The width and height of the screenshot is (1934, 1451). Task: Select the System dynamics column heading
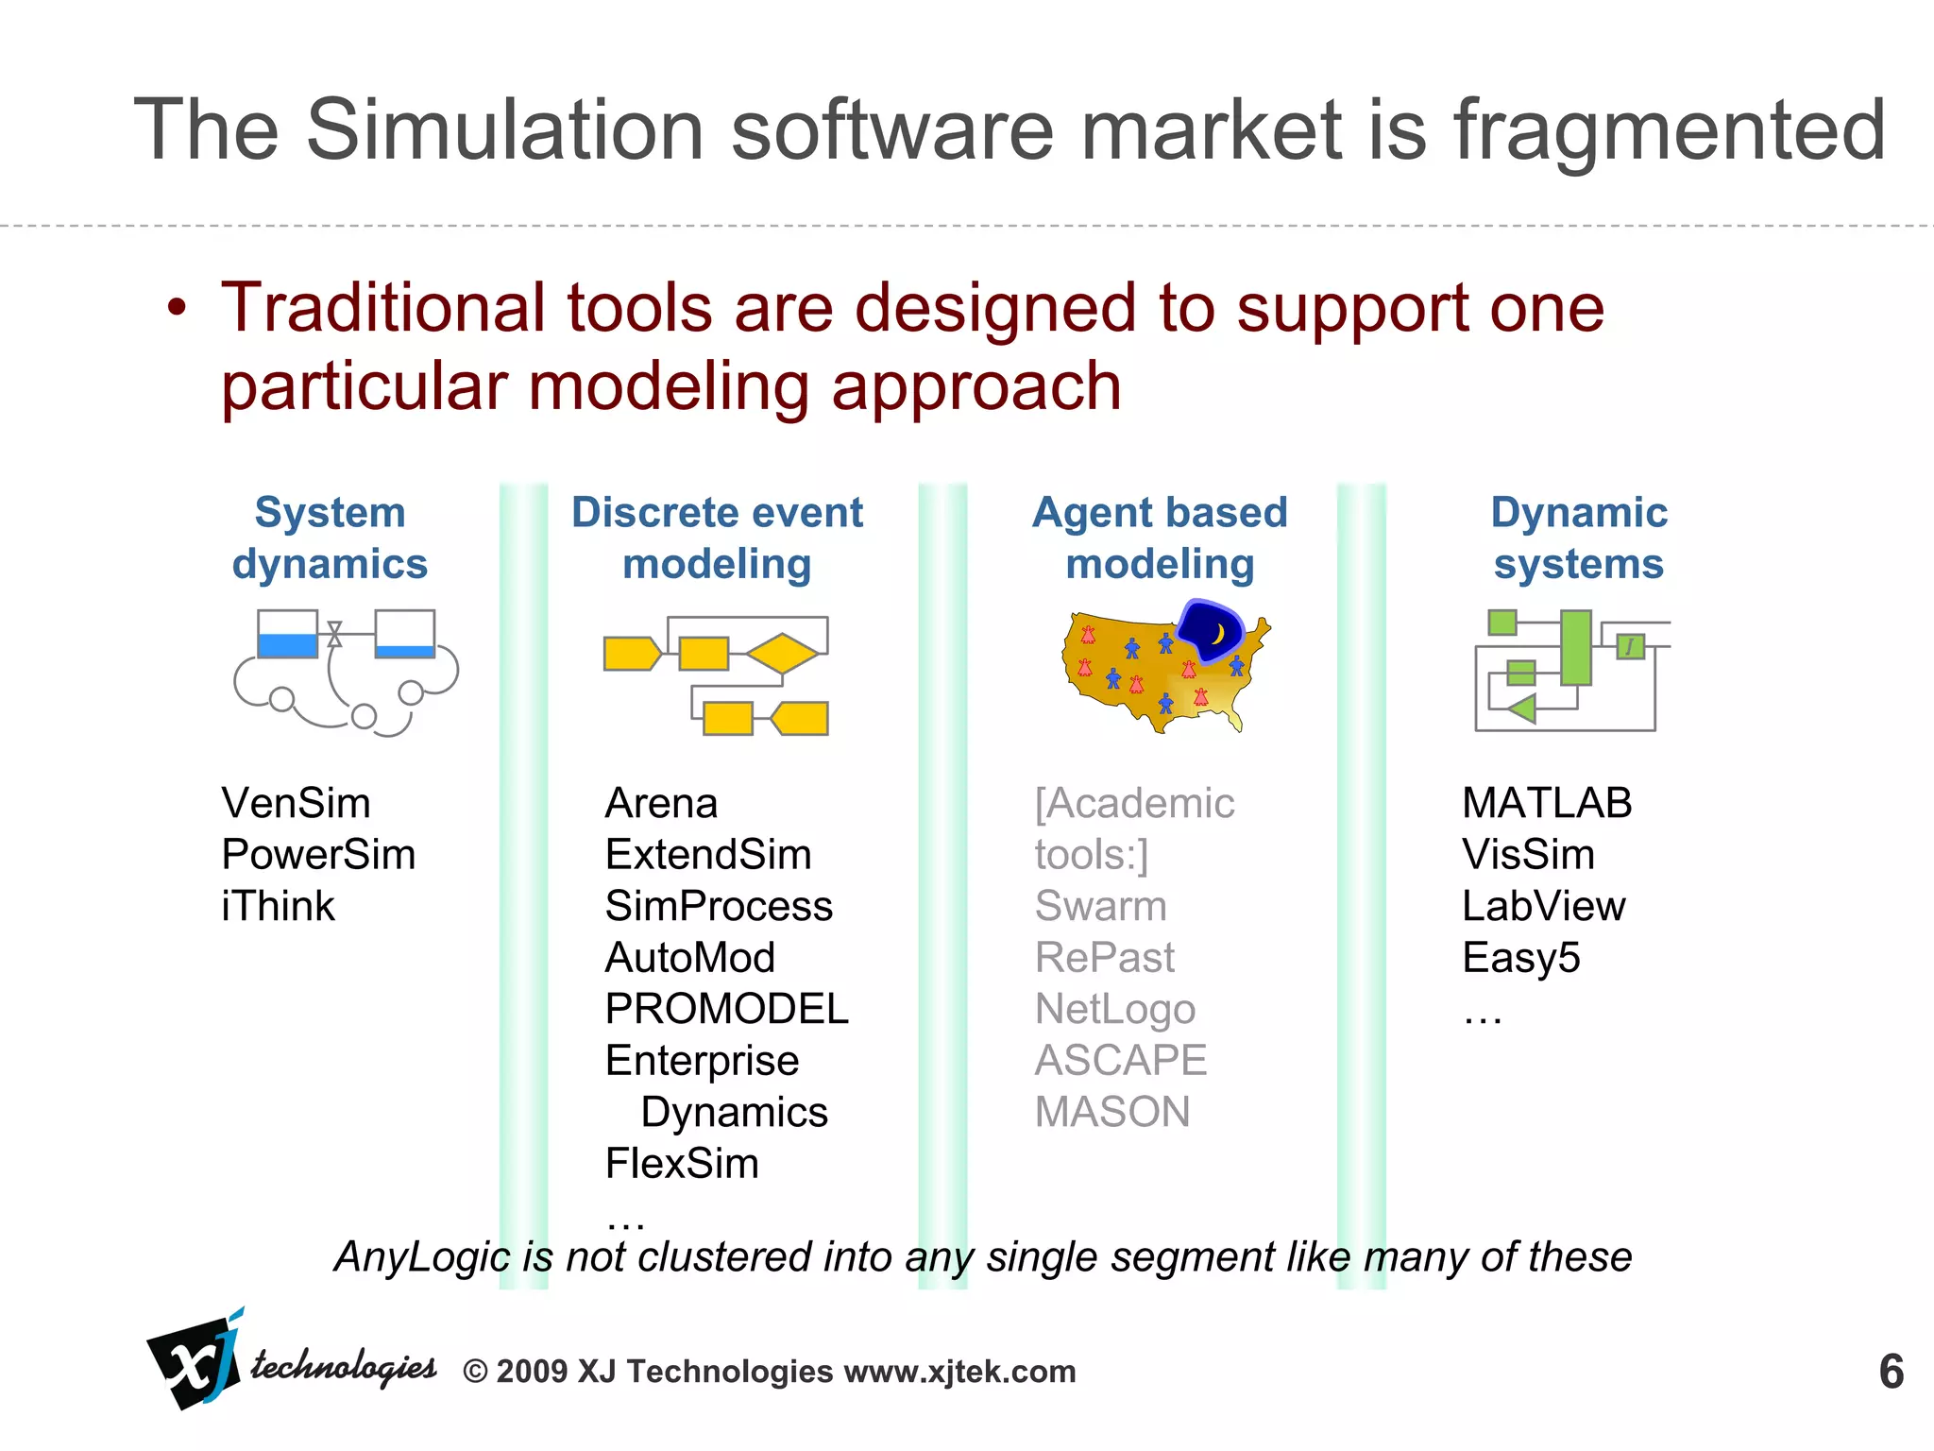tap(330, 538)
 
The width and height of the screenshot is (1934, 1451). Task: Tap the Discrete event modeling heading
tap(717, 538)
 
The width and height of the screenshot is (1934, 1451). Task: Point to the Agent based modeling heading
tap(1160, 538)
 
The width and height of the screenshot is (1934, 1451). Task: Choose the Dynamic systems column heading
tap(1578, 538)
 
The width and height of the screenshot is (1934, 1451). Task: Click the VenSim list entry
tap(296, 804)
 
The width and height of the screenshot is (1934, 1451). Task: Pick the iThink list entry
tap(278, 907)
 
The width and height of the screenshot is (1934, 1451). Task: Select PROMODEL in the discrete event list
tap(726, 1010)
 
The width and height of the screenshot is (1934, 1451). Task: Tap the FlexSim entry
tap(682, 1164)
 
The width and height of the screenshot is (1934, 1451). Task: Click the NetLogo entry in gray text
tap(1114, 1010)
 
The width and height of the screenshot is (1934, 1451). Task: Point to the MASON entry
tap(1111, 1113)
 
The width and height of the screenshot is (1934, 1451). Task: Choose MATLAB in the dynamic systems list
tap(1546, 804)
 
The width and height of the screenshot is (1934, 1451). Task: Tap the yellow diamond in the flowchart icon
tap(782, 653)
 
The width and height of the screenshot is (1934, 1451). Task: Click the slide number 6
tap(1891, 1373)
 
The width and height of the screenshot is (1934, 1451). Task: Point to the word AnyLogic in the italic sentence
tap(422, 1257)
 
